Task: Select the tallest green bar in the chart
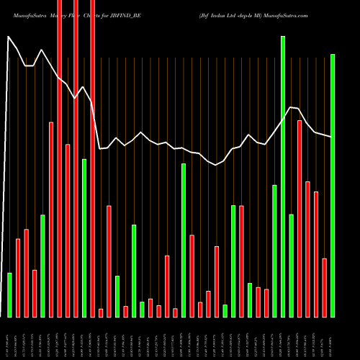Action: coord(283,176)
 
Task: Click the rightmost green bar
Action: coord(333,185)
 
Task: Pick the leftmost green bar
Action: coord(9,294)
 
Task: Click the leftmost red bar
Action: coord(18,277)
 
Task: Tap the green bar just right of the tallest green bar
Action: coord(291,265)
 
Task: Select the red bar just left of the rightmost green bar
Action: coord(324,287)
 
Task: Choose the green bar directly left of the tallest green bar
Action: coord(274,251)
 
